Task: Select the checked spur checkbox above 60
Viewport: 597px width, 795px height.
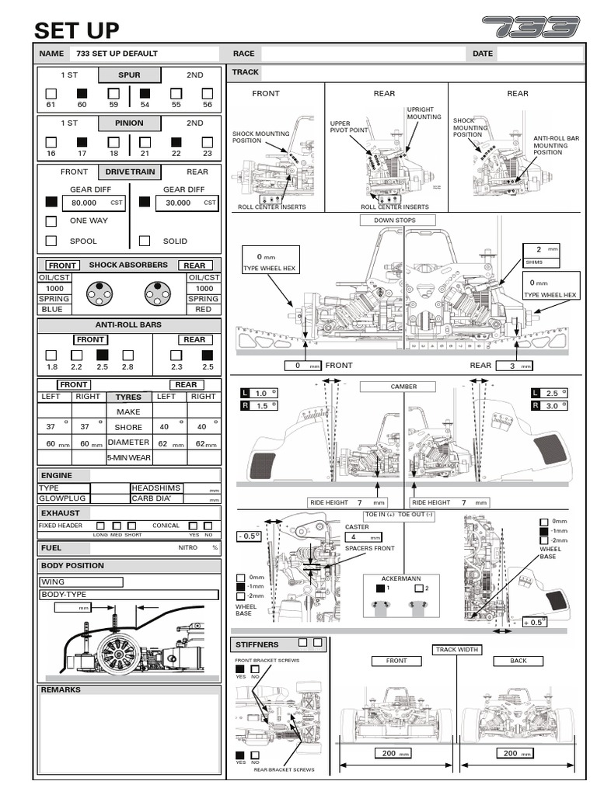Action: pos(82,93)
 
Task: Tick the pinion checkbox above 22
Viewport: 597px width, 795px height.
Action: pos(176,142)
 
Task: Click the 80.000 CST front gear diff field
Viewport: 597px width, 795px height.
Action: pos(88,202)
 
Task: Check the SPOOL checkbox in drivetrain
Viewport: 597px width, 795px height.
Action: pos(51,241)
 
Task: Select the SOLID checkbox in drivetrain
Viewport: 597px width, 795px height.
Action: pos(145,241)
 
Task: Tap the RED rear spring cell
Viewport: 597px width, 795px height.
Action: pos(204,309)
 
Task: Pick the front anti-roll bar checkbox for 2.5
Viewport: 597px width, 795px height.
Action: pos(103,355)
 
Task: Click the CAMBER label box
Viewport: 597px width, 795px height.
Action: pos(403,386)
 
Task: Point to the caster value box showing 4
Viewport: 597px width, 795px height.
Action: pos(363,536)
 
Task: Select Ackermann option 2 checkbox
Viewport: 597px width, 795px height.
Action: pos(419,588)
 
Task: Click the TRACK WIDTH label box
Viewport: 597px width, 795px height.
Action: pos(457,650)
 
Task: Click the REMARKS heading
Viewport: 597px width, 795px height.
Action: pos(60,689)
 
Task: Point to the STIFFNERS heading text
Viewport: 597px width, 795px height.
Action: pos(257,644)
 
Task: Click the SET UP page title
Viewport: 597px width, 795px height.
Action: pos(77,30)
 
